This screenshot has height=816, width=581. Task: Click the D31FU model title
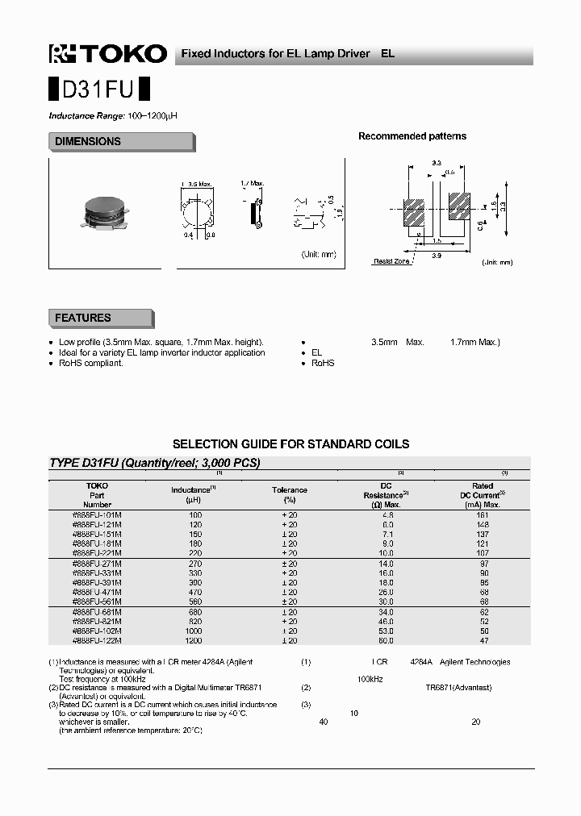point(98,88)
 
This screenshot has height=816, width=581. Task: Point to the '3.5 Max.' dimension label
point(196,184)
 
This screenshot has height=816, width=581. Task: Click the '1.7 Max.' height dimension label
point(253,184)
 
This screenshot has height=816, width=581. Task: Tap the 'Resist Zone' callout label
point(391,261)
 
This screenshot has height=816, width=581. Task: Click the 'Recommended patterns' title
point(412,136)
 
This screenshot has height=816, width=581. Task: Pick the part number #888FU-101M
point(97,514)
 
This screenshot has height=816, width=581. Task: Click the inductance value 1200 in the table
point(194,640)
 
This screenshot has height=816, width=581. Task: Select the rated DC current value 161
point(483,514)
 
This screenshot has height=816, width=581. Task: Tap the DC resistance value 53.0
point(387,631)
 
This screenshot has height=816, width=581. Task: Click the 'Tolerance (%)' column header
point(289,494)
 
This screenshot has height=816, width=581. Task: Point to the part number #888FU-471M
point(97,592)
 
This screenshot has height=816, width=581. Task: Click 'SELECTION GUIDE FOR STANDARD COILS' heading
point(290,444)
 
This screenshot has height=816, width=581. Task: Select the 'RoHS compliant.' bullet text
point(91,363)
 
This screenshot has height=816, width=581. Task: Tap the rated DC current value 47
point(483,640)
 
